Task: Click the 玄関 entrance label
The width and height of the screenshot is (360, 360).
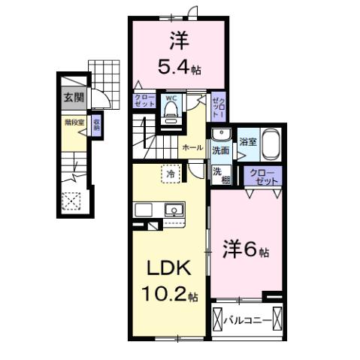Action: [x=73, y=96]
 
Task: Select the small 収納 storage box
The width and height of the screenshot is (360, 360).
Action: [x=96, y=125]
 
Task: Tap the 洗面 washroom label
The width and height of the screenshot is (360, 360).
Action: [x=220, y=150]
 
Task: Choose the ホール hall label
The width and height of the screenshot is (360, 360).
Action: [x=192, y=149]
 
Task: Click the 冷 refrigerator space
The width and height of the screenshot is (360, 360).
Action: [x=171, y=174]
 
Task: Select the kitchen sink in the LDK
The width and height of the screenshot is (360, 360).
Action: [x=174, y=210]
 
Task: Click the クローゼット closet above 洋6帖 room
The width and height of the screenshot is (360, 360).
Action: [x=262, y=178]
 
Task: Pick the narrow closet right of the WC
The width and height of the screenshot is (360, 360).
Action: [x=218, y=110]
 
